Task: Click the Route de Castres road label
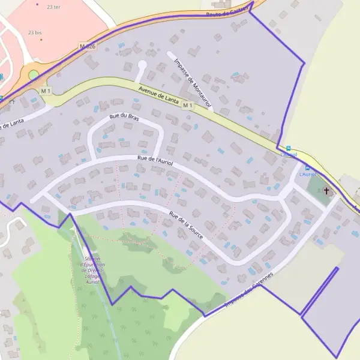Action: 227,11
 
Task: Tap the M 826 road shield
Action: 87,46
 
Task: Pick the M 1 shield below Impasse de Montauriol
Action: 188,106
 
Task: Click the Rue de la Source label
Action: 187,226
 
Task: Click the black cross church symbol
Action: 326,191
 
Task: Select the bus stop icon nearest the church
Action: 308,168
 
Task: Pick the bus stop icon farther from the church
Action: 289,148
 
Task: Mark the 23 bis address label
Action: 34,32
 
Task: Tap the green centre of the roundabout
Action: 34,75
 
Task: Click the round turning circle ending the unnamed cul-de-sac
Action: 142,64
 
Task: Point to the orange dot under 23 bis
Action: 41,40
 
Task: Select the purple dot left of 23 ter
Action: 37,4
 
